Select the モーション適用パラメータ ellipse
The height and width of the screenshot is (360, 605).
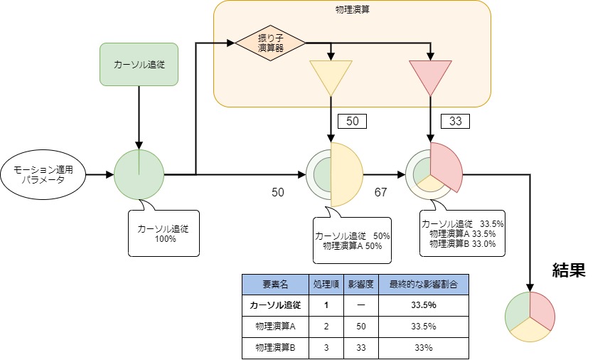click(x=43, y=174)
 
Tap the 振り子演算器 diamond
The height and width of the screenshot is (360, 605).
click(x=271, y=43)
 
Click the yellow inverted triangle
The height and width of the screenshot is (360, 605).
click(x=331, y=76)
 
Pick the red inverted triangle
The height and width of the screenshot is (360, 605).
click(x=430, y=76)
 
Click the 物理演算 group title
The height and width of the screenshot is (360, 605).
click(x=353, y=11)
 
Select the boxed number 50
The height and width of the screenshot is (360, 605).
click(x=352, y=122)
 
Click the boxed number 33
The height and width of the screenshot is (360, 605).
click(x=456, y=122)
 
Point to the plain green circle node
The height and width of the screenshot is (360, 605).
click(x=139, y=174)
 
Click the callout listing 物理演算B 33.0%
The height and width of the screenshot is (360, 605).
click(x=463, y=233)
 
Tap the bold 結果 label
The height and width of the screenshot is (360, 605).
click(x=569, y=270)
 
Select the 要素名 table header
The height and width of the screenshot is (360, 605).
click(x=275, y=284)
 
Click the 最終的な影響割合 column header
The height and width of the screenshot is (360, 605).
click(x=423, y=284)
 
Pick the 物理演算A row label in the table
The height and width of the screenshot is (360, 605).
click(x=275, y=326)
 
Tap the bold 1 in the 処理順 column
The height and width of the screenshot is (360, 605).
click(x=326, y=305)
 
